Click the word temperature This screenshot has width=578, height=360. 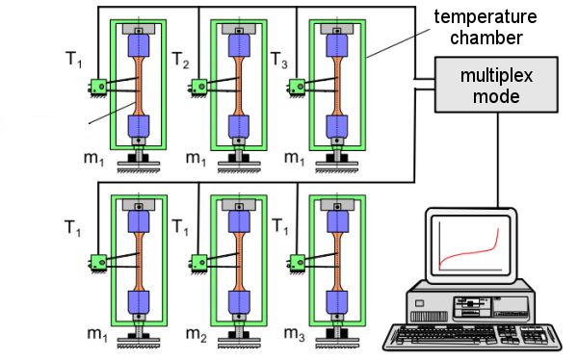[x=486, y=17]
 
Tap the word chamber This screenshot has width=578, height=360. [x=486, y=38]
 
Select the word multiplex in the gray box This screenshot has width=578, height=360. [x=496, y=76]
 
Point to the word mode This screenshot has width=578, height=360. [x=496, y=96]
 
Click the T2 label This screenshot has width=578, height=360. [x=181, y=60]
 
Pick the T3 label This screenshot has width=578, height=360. [x=279, y=60]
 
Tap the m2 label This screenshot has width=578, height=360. [x=197, y=334]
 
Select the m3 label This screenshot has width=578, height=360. [x=294, y=334]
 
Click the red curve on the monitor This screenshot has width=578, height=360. [x=469, y=252]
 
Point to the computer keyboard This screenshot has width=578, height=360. [x=472, y=337]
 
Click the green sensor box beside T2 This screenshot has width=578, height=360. [x=199, y=88]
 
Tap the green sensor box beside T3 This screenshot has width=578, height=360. [x=297, y=88]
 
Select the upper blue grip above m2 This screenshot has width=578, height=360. [x=239, y=221]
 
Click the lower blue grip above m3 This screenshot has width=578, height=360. [x=337, y=302]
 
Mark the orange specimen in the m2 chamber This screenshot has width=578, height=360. [x=239, y=262]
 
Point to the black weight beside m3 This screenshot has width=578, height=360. [x=336, y=334]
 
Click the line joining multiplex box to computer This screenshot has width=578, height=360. [x=498, y=160]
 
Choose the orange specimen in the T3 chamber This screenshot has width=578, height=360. [x=337, y=86]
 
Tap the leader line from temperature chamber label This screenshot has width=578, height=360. [x=399, y=43]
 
